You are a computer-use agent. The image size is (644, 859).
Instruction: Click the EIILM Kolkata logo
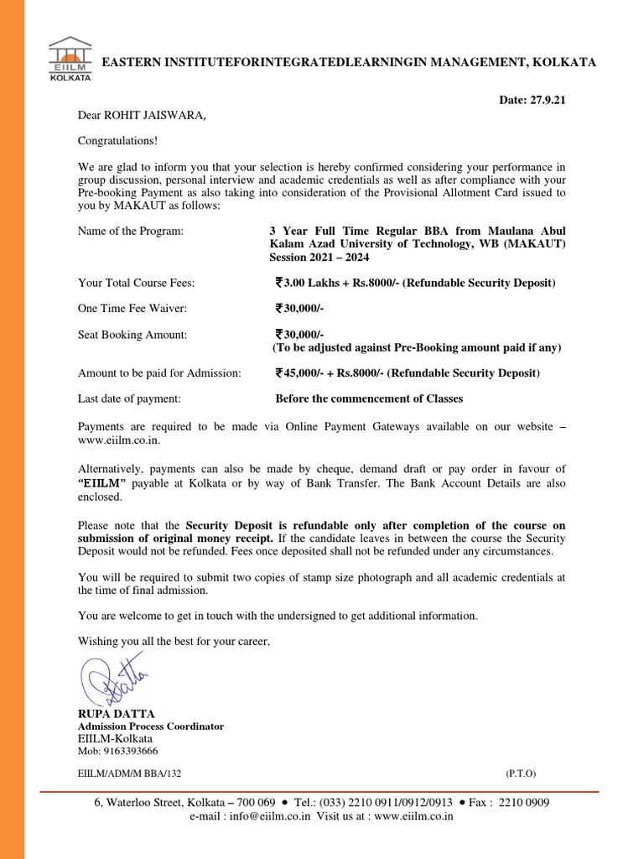click(x=70, y=58)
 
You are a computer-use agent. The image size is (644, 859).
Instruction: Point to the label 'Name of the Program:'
click(x=130, y=231)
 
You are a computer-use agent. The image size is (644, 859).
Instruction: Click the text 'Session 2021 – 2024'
click(x=319, y=258)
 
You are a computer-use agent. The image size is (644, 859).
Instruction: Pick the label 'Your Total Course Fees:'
click(x=136, y=283)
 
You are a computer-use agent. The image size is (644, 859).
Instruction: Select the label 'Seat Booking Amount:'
click(x=132, y=335)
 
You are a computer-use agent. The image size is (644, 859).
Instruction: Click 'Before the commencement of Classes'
click(x=369, y=398)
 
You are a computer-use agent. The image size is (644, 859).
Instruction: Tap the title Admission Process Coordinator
click(x=151, y=726)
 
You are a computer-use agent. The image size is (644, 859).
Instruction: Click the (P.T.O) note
click(x=521, y=773)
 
